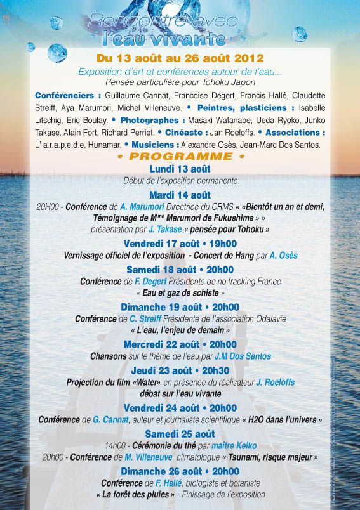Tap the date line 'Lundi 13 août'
[180, 169]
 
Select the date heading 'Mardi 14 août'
[180, 195]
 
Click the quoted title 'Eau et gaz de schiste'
[180, 294]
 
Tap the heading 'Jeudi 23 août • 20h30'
[180, 371]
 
